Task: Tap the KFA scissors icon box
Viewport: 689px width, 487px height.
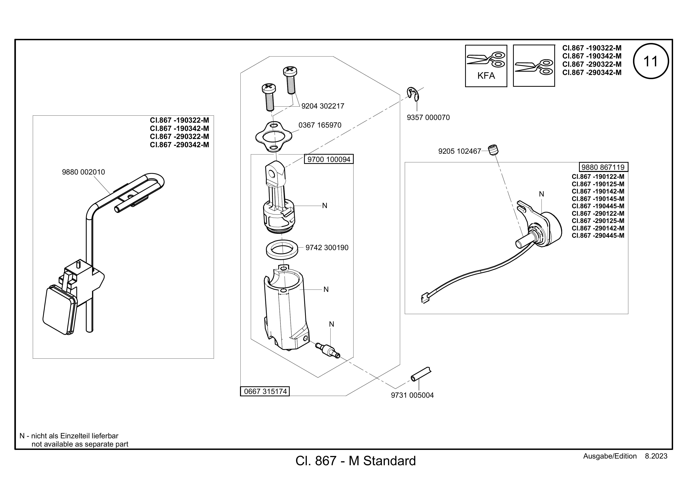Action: [486, 66]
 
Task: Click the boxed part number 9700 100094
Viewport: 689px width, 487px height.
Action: [329, 159]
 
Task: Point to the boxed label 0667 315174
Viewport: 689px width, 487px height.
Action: [265, 391]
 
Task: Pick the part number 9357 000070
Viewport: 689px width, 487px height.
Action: [428, 118]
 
